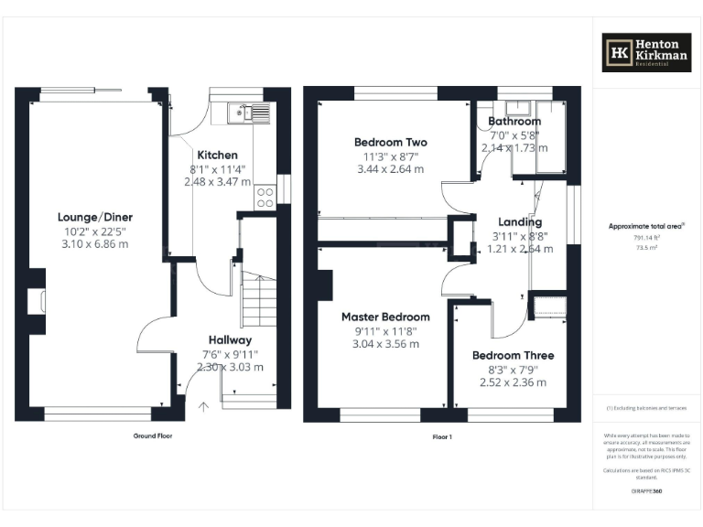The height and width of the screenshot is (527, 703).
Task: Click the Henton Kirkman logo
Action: pyautogui.click(x=645, y=52)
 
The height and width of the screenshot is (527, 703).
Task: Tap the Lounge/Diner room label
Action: pyautogui.click(x=91, y=217)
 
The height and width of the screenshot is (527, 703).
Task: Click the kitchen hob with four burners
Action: pyautogui.click(x=265, y=197)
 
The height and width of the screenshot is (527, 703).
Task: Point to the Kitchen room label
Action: pyautogui.click(x=217, y=156)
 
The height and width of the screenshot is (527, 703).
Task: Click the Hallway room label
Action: pyautogui.click(x=230, y=339)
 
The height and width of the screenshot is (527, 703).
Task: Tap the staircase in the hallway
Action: pyautogui.click(x=258, y=298)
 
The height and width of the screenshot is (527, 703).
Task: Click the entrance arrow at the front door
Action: pyautogui.click(x=203, y=406)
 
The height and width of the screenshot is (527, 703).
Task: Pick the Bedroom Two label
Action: pyautogui.click(x=390, y=142)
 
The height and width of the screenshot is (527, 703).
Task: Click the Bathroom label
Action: pyautogui.click(x=514, y=121)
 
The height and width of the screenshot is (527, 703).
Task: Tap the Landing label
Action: pyautogui.click(x=519, y=221)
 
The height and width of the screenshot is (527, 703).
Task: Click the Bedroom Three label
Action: pyautogui.click(x=513, y=355)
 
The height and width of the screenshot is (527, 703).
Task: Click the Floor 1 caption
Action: pyautogui.click(x=441, y=437)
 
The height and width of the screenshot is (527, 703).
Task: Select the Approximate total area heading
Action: pyautogui.click(x=646, y=225)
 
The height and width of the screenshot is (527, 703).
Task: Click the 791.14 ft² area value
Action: pyautogui.click(x=646, y=238)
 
